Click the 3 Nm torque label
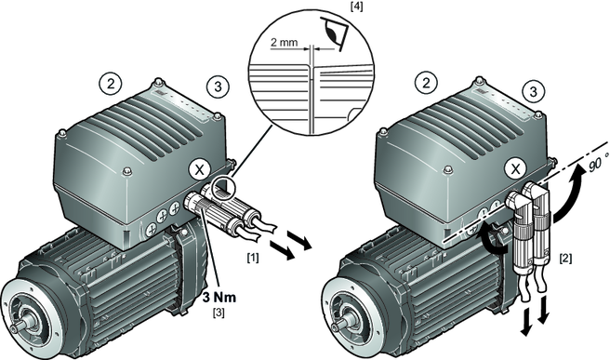click(219, 298)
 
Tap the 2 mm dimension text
click(284, 42)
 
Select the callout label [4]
click(356, 7)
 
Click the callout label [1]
click(253, 258)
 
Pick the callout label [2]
click(565, 258)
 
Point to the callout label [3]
click(219, 313)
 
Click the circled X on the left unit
click(200, 169)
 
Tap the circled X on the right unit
click(515, 169)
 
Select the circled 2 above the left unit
click(111, 84)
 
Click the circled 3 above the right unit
click(534, 91)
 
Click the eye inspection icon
click(332, 33)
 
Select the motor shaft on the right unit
click(340, 324)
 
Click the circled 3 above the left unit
click(218, 87)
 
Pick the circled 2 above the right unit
click(427, 83)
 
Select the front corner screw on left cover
click(126, 171)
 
